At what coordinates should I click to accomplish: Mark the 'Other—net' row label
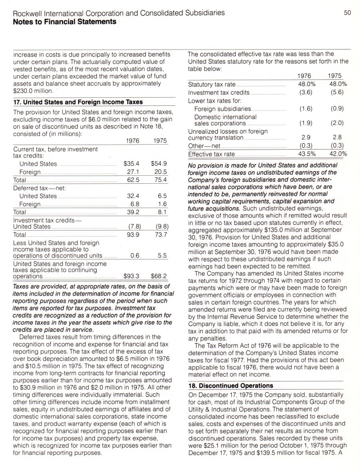click(x=203, y=146)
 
